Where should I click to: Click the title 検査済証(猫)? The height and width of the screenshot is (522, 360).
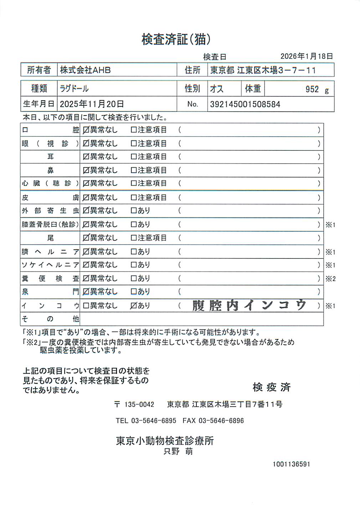point(176,39)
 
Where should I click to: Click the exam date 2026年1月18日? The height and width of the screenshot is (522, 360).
point(306,56)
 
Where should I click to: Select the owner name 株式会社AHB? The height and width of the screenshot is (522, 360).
point(85,70)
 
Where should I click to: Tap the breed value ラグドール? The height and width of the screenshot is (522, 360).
point(74,88)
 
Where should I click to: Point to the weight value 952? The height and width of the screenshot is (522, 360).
point(312,89)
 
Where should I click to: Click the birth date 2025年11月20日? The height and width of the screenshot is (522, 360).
point(92,104)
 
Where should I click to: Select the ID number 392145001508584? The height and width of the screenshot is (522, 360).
point(245,104)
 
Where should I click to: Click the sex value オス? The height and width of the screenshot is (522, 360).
point(217,89)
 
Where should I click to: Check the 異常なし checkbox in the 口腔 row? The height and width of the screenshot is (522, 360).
point(86,130)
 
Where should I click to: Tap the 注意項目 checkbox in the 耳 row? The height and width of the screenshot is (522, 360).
point(134,157)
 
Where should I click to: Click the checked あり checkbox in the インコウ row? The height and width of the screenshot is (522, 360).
point(134,306)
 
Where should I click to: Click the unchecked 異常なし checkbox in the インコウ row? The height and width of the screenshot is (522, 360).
point(86,306)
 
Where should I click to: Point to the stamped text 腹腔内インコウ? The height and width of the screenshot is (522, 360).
point(249,305)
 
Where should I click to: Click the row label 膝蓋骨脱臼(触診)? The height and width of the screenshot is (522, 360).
point(50,224)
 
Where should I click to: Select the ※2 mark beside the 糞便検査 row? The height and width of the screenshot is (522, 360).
point(330,279)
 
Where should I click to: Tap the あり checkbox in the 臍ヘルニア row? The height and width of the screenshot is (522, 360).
point(134,252)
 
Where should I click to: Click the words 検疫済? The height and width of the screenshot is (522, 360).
point(272,387)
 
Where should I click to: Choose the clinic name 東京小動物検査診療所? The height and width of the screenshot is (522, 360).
point(165,441)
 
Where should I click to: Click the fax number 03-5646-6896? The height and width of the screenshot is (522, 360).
point(221,421)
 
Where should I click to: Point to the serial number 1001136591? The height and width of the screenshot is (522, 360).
point(291,464)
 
